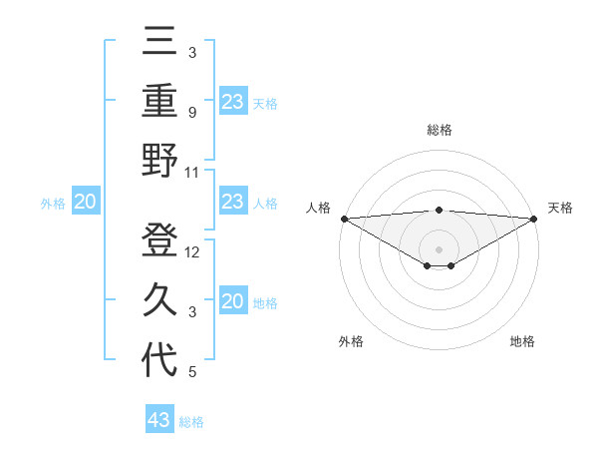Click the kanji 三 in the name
tap(159, 45)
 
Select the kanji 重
tap(159, 101)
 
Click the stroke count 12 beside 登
tap(192, 252)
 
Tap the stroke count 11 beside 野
tap(192, 172)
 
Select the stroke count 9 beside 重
tap(191, 113)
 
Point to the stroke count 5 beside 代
tap(191, 372)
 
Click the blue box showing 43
tap(159, 420)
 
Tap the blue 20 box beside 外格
tap(85, 203)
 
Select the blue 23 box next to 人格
tap(232, 203)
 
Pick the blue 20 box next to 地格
tap(232, 302)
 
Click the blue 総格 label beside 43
tap(191, 422)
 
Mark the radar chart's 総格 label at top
tap(439, 130)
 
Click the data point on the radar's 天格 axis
tap(534, 218)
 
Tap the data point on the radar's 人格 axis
tap(344, 218)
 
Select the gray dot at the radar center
tap(439, 248)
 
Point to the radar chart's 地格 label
tap(522, 341)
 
